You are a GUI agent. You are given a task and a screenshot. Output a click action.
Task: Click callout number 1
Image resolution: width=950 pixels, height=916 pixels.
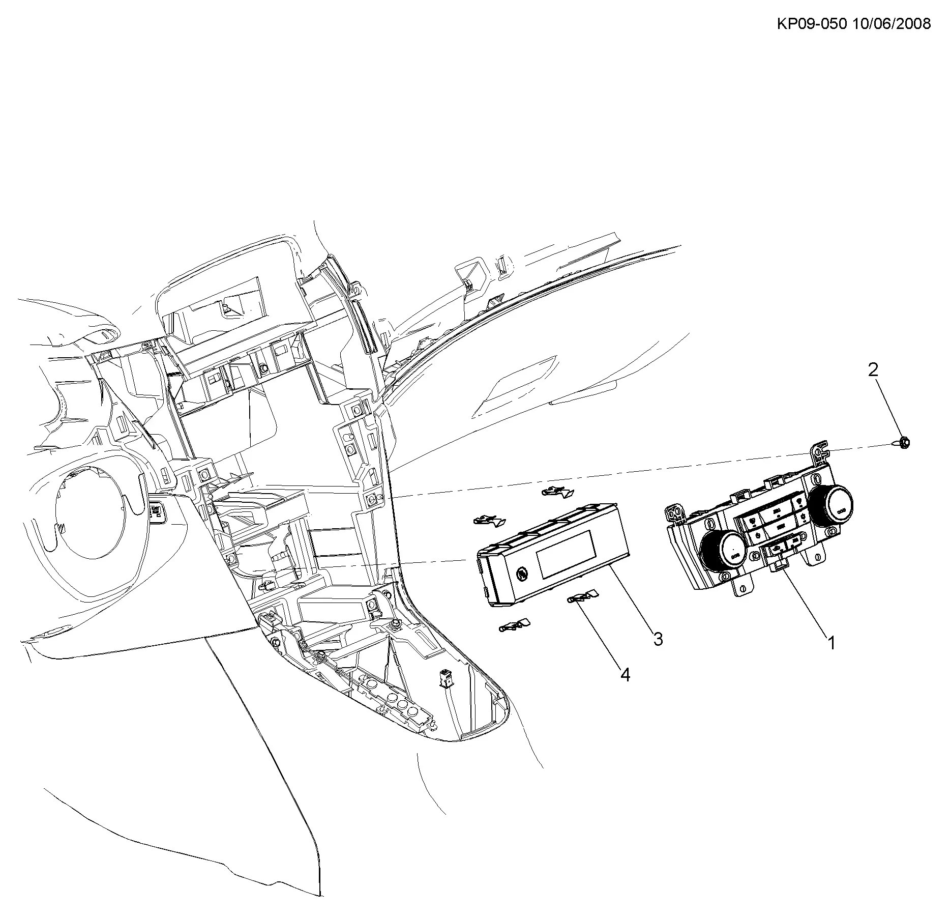click(832, 643)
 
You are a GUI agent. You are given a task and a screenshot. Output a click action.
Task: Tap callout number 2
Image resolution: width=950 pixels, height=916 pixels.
click(873, 370)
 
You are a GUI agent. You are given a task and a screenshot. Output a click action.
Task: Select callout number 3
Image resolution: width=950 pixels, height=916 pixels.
click(658, 639)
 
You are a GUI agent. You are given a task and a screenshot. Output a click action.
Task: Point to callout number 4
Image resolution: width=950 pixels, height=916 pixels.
click(625, 675)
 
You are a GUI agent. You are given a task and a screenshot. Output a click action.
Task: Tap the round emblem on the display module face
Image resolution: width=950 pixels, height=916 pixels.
click(521, 573)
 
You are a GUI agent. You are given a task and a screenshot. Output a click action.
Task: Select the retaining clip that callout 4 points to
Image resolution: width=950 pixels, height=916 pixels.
click(583, 597)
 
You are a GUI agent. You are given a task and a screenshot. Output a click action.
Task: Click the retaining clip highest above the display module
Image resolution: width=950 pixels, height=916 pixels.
click(558, 492)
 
